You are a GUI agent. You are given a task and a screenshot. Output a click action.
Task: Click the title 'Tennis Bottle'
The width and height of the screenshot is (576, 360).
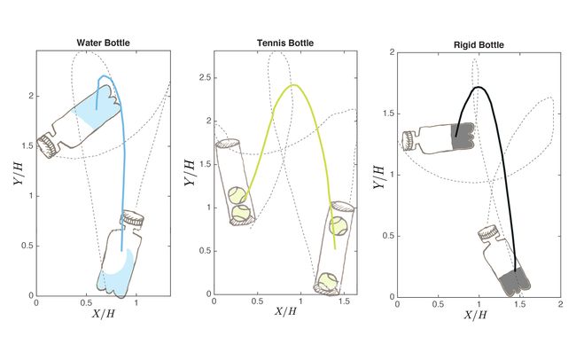pos(284,42)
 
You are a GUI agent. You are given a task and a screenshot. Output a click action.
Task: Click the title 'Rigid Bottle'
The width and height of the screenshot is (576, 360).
pos(479,42)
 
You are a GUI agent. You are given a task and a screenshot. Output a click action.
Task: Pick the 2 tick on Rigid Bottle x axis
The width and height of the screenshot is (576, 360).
pos(560,303)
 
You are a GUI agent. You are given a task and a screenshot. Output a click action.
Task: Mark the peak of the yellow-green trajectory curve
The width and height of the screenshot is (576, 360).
pos(293,85)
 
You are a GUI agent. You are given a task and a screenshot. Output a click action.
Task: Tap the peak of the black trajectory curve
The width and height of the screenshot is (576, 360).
pos(479,87)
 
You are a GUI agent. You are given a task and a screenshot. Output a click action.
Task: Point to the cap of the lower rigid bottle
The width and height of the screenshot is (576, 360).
pos(487,234)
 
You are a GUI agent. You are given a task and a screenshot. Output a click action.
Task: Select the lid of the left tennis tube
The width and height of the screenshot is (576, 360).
pos(228,144)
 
